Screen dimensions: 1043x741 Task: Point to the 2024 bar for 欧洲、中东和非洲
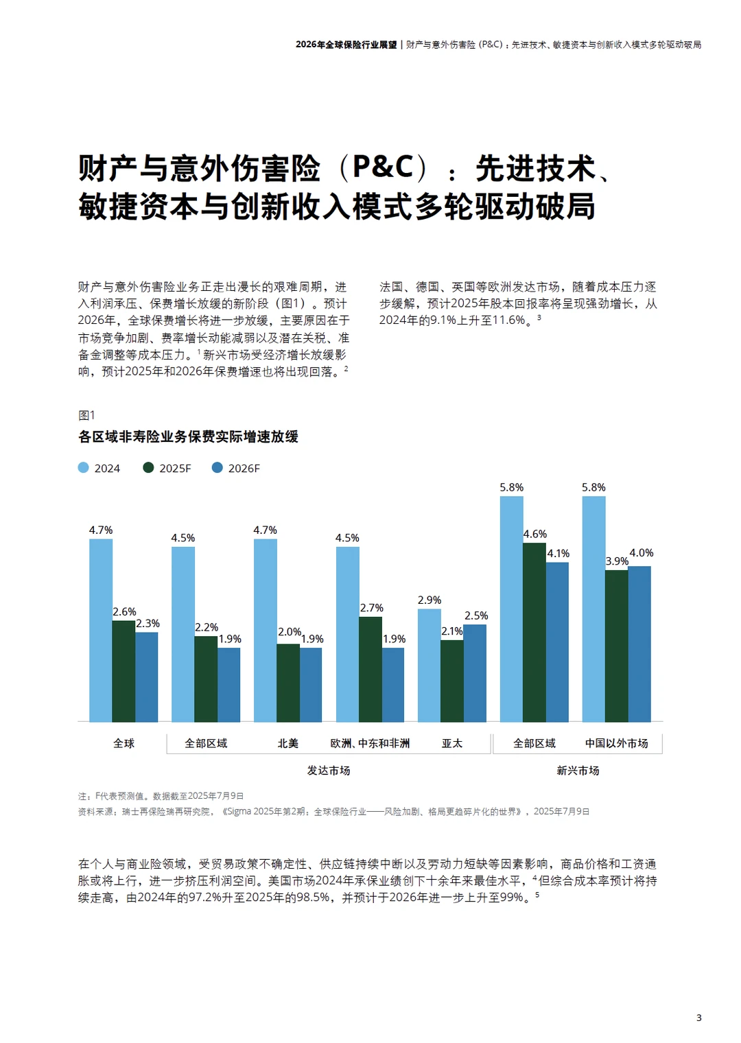347,634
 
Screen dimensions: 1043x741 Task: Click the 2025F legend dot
148,467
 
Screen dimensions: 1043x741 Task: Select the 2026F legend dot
217,467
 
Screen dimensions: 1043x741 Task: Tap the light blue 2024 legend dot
84,467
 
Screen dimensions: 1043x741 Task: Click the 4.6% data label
535,534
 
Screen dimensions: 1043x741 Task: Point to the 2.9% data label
430,600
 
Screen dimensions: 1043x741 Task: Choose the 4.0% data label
642,552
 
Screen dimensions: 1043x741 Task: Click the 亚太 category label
452,743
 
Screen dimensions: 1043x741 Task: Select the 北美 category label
288,743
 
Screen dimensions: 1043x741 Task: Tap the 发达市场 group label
329,771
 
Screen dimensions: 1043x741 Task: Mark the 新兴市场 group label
578,771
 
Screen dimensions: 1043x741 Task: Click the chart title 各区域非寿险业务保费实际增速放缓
188,436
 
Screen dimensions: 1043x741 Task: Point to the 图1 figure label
86,415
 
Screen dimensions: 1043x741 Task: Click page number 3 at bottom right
698,1018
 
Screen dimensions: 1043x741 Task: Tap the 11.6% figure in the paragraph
508,320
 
